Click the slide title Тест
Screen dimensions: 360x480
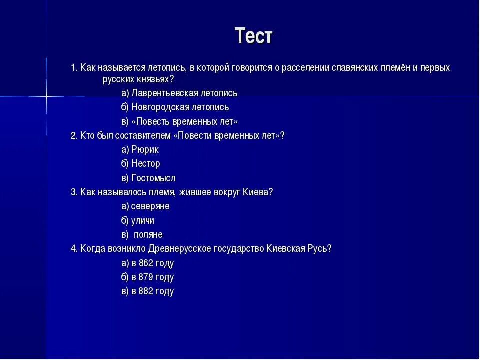254,36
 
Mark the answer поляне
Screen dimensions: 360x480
148,235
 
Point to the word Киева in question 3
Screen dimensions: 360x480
258,192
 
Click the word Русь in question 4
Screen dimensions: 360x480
318,249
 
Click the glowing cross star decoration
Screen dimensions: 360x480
46,96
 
